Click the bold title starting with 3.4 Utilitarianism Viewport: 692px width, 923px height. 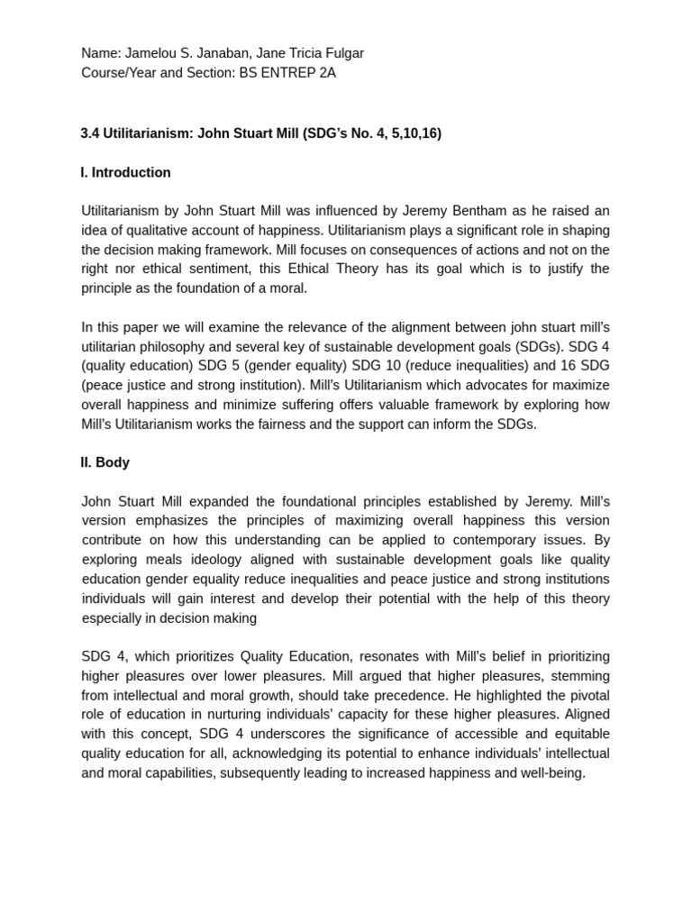(261, 133)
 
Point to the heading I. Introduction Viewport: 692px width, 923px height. (125, 172)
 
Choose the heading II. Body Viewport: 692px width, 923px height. (105, 462)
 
